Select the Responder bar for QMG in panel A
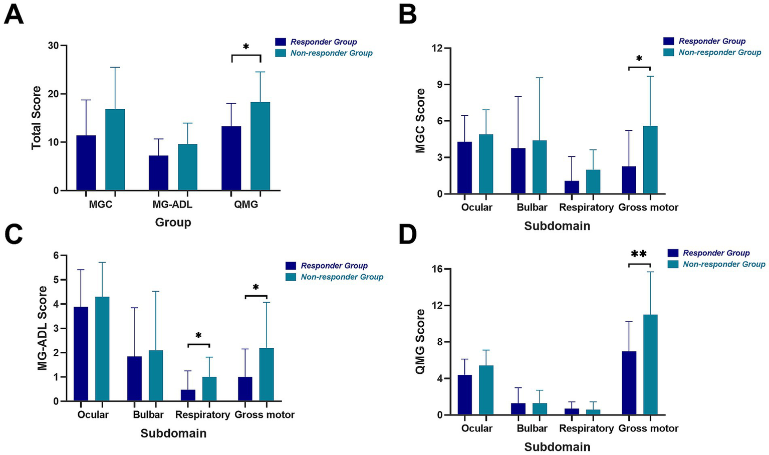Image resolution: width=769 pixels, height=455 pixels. point(231,158)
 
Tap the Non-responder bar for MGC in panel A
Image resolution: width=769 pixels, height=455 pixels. point(115,150)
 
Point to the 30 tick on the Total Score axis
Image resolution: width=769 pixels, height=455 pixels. point(53,46)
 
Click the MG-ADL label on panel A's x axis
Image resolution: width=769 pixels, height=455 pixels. point(172,204)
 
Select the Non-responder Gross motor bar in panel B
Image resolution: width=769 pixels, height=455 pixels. point(650,160)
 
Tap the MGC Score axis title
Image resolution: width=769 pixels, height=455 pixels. point(420,121)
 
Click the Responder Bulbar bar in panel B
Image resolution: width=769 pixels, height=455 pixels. point(518,171)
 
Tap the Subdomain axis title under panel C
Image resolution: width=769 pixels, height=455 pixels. point(173,433)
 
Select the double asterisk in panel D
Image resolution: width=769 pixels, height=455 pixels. point(639,254)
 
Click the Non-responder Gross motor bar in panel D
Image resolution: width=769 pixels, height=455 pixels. point(650,365)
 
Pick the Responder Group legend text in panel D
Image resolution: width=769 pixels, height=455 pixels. point(716,253)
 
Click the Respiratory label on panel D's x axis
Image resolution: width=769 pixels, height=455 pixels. point(586,428)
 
